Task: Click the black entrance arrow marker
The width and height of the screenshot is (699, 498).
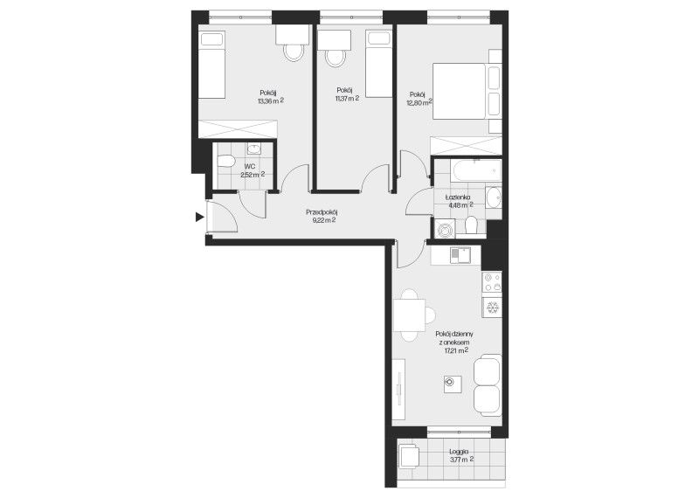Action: click(200, 218)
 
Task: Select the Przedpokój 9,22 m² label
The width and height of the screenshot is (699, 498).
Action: click(321, 216)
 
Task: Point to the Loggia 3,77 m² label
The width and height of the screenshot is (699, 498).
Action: click(461, 455)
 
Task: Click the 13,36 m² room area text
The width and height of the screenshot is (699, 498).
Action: click(271, 100)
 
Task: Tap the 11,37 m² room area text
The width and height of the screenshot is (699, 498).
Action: click(347, 99)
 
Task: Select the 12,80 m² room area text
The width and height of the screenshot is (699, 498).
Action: click(419, 102)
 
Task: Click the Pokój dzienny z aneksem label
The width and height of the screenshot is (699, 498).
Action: click(454, 338)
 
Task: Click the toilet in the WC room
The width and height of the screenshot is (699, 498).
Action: click(226, 161)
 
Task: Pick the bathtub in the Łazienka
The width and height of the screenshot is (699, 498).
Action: click(476, 170)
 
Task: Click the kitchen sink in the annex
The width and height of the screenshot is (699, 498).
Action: click(460, 255)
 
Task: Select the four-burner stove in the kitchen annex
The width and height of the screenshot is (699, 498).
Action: click(492, 282)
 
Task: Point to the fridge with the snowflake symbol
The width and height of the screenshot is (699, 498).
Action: click(492, 308)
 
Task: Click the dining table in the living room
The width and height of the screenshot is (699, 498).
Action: click(409, 315)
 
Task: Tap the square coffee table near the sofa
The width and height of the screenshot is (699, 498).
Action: click(453, 384)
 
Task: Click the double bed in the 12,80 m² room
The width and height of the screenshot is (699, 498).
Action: click(460, 91)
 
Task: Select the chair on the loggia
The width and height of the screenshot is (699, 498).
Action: click(409, 456)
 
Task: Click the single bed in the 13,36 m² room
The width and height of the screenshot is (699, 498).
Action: click(211, 64)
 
